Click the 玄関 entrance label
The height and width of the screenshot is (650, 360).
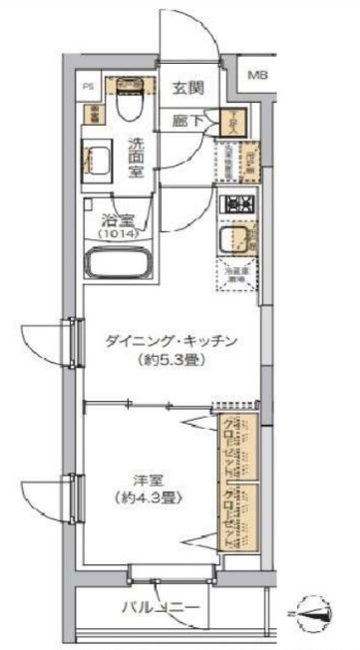pos(187,88)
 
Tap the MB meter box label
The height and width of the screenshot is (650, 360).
pos(257,76)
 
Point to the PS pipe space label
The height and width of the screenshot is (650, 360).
pos(88,87)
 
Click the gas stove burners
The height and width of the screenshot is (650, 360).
pos(238,205)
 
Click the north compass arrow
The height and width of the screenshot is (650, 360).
pos(315,609)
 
